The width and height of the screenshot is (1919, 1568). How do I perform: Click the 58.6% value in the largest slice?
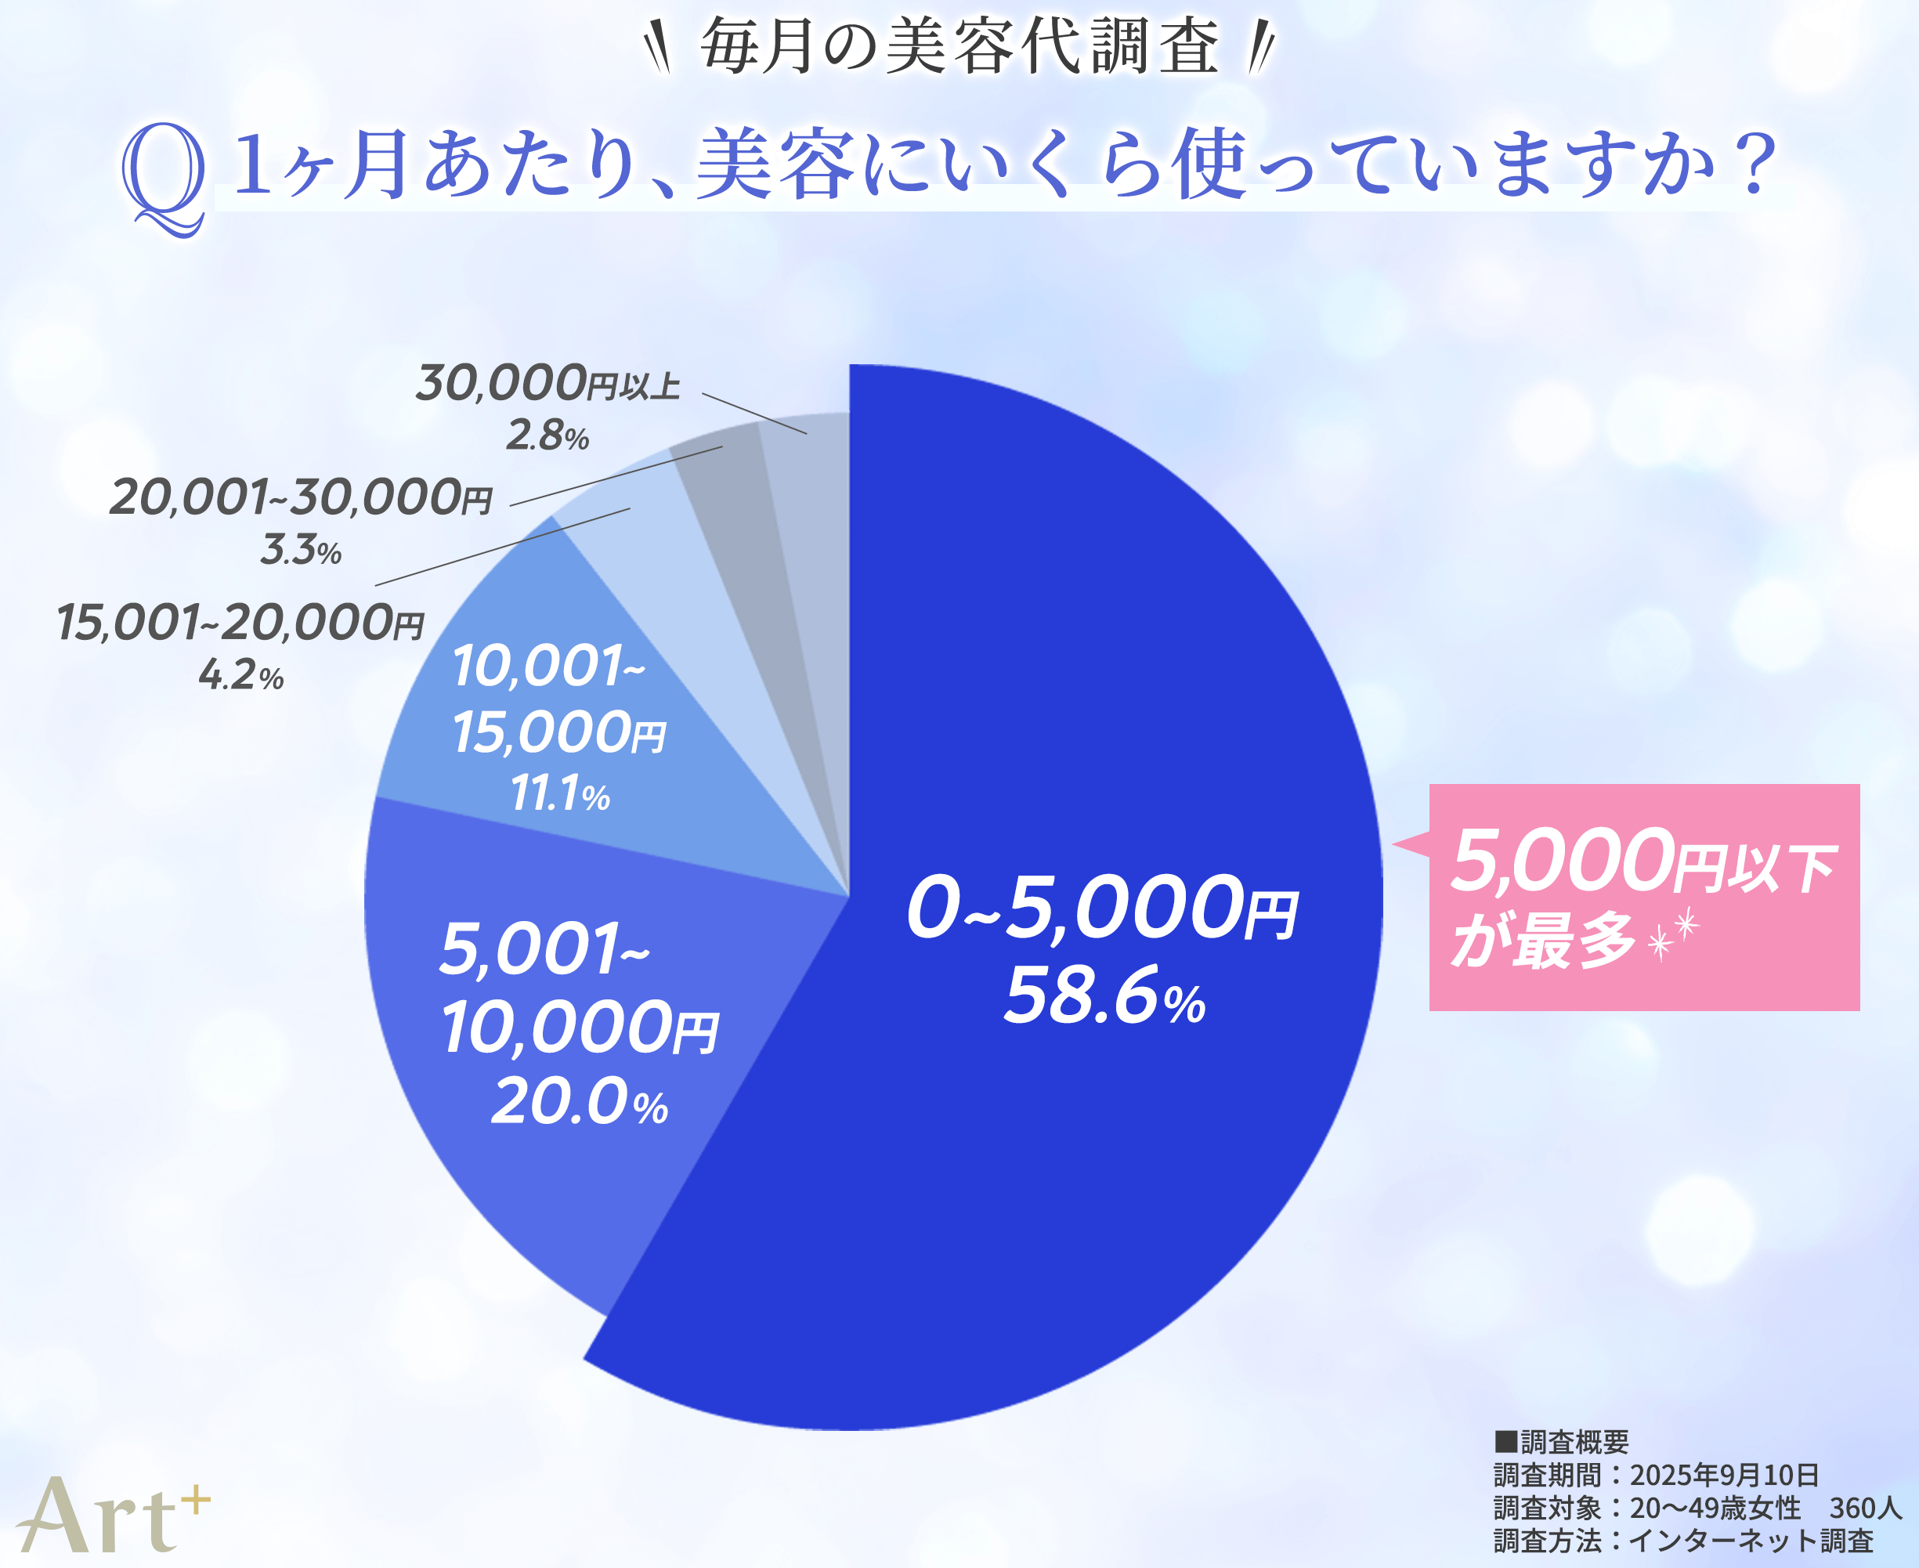coord(1104,996)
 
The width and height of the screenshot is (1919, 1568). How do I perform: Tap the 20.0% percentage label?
coord(579,1102)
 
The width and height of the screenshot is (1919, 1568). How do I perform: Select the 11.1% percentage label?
coord(560,795)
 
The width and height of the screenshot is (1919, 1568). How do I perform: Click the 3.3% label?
coord(301,550)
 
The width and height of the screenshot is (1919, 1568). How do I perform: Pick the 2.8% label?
coord(548,435)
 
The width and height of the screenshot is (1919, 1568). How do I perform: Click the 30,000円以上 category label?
coord(548,384)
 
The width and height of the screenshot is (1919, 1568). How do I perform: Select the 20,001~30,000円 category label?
coord(301,497)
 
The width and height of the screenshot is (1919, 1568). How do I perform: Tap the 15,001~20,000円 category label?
coord(240,623)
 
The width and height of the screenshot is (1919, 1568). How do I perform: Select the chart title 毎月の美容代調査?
coord(960,47)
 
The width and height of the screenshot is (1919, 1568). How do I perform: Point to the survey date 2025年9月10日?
coord(1724,1475)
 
